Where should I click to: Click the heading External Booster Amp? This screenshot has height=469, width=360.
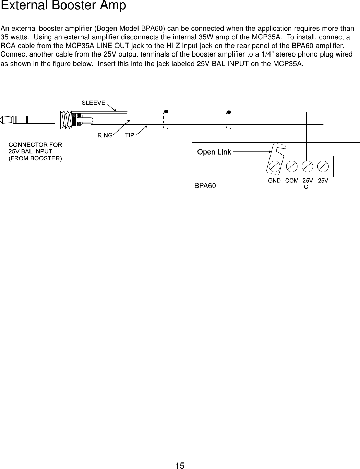pos(64,6)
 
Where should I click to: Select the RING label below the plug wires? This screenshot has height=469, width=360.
pos(105,135)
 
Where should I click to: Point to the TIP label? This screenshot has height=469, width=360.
pos(129,135)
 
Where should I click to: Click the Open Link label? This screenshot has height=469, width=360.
pos(214,152)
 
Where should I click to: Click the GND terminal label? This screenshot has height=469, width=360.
pos(274,180)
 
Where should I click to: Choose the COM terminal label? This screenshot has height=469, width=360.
pos(292,180)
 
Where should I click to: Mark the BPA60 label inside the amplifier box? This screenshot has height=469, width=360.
pos(205,186)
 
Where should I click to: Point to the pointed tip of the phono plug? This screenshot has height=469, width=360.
pos(2,120)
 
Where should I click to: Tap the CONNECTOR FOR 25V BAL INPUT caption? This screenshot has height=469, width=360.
pos(35,151)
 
